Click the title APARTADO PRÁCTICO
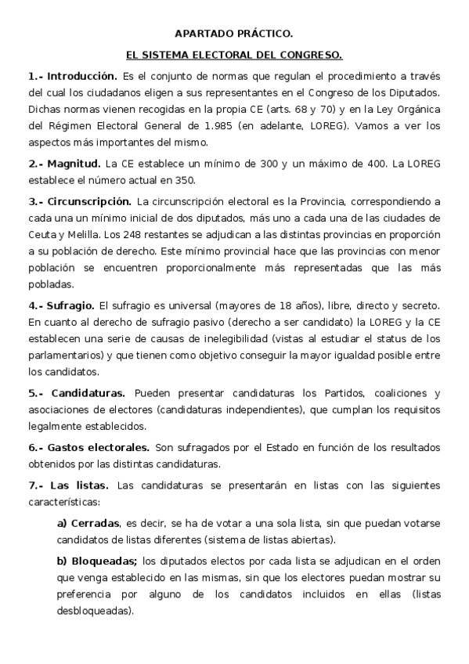[x=234, y=34]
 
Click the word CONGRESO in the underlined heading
[x=311, y=56]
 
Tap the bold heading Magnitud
[x=75, y=164]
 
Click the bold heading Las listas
[x=85, y=485]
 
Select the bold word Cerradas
[x=95, y=523]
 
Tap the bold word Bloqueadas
[x=103, y=561]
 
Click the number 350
[x=185, y=179]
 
